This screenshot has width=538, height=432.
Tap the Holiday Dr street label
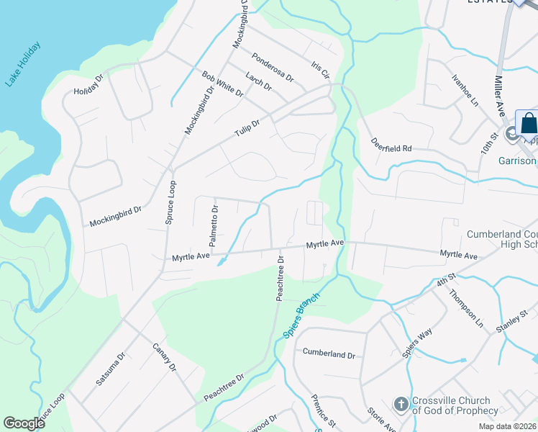coord(89,86)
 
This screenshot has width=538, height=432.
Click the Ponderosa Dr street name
coord(273,66)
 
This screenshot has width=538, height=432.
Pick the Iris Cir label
coord(319,69)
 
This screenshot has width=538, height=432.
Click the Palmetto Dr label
coord(214,222)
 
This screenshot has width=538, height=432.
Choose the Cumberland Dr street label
coord(329,354)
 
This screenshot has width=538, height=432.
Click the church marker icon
coord(401,405)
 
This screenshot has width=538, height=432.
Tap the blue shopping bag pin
coord(528,122)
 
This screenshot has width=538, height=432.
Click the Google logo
coord(24,423)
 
